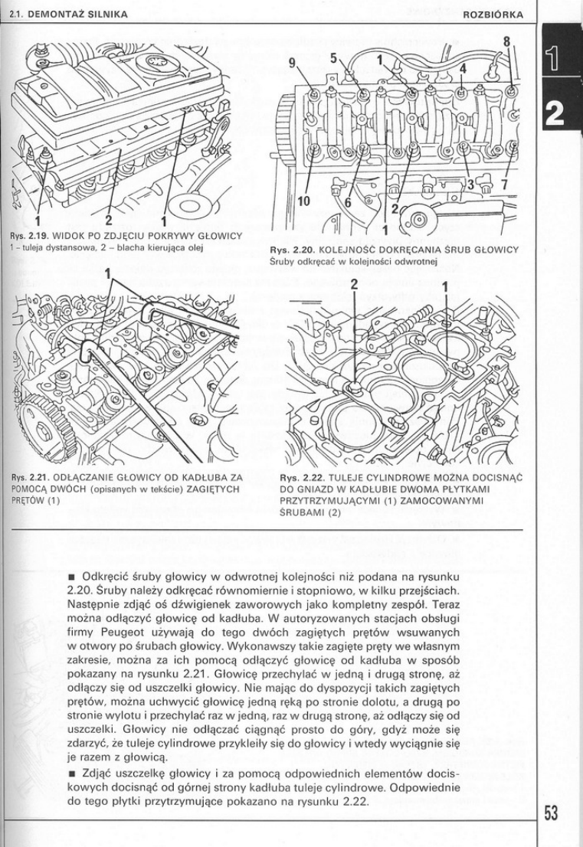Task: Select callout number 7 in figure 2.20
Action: coord(504,185)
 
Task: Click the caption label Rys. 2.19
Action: coord(25,234)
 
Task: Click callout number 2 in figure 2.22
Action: coord(354,286)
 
